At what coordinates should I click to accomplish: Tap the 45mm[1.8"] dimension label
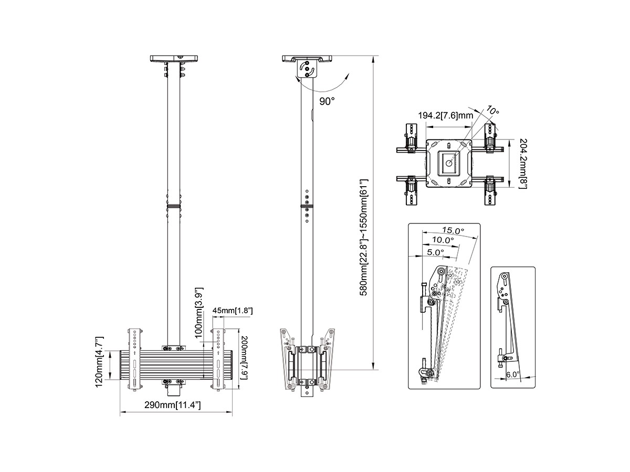click(x=233, y=311)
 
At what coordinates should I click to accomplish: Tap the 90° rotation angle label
click(x=326, y=101)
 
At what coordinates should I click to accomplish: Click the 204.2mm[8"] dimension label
click(x=522, y=163)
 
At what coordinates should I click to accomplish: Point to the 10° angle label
click(x=492, y=111)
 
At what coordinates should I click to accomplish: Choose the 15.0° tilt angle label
click(x=453, y=230)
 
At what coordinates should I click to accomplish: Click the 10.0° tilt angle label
click(x=443, y=240)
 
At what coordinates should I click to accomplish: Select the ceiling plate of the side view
click(x=307, y=58)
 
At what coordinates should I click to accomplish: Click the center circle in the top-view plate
click(x=450, y=163)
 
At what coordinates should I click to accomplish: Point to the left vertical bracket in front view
click(x=134, y=359)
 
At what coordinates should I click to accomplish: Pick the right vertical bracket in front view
click(x=218, y=359)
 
